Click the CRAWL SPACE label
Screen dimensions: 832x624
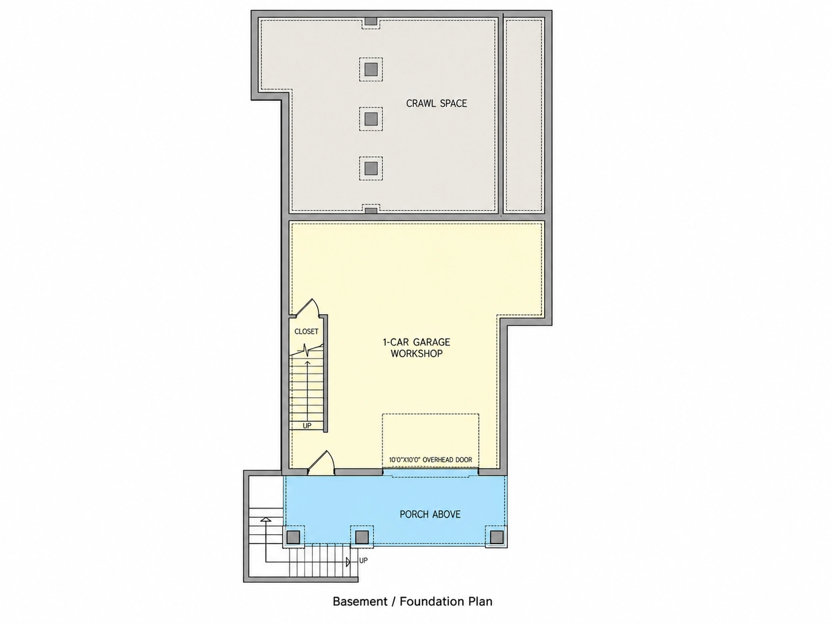point(436,103)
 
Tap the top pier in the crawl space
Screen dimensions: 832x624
point(371,70)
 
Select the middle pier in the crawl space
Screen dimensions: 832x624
point(371,119)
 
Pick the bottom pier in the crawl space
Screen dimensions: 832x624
point(371,168)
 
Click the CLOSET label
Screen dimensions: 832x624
point(306,332)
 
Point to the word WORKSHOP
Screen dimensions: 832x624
point(417,354)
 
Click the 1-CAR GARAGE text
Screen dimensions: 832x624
point(417,342)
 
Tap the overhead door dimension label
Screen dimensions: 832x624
point(430,460)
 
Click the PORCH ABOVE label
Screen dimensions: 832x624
point(430,514)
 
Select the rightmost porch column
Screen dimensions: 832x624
point(496,537)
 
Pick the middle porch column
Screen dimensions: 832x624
point(362,537)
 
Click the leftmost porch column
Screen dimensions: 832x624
point(294,537)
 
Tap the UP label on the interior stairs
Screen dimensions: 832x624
point(307,426)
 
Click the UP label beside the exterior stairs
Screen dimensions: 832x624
point(363,560)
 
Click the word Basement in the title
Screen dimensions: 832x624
point(360,601)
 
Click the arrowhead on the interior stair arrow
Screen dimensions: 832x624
point(307,363)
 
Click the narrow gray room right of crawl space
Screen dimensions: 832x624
point(523,115)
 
